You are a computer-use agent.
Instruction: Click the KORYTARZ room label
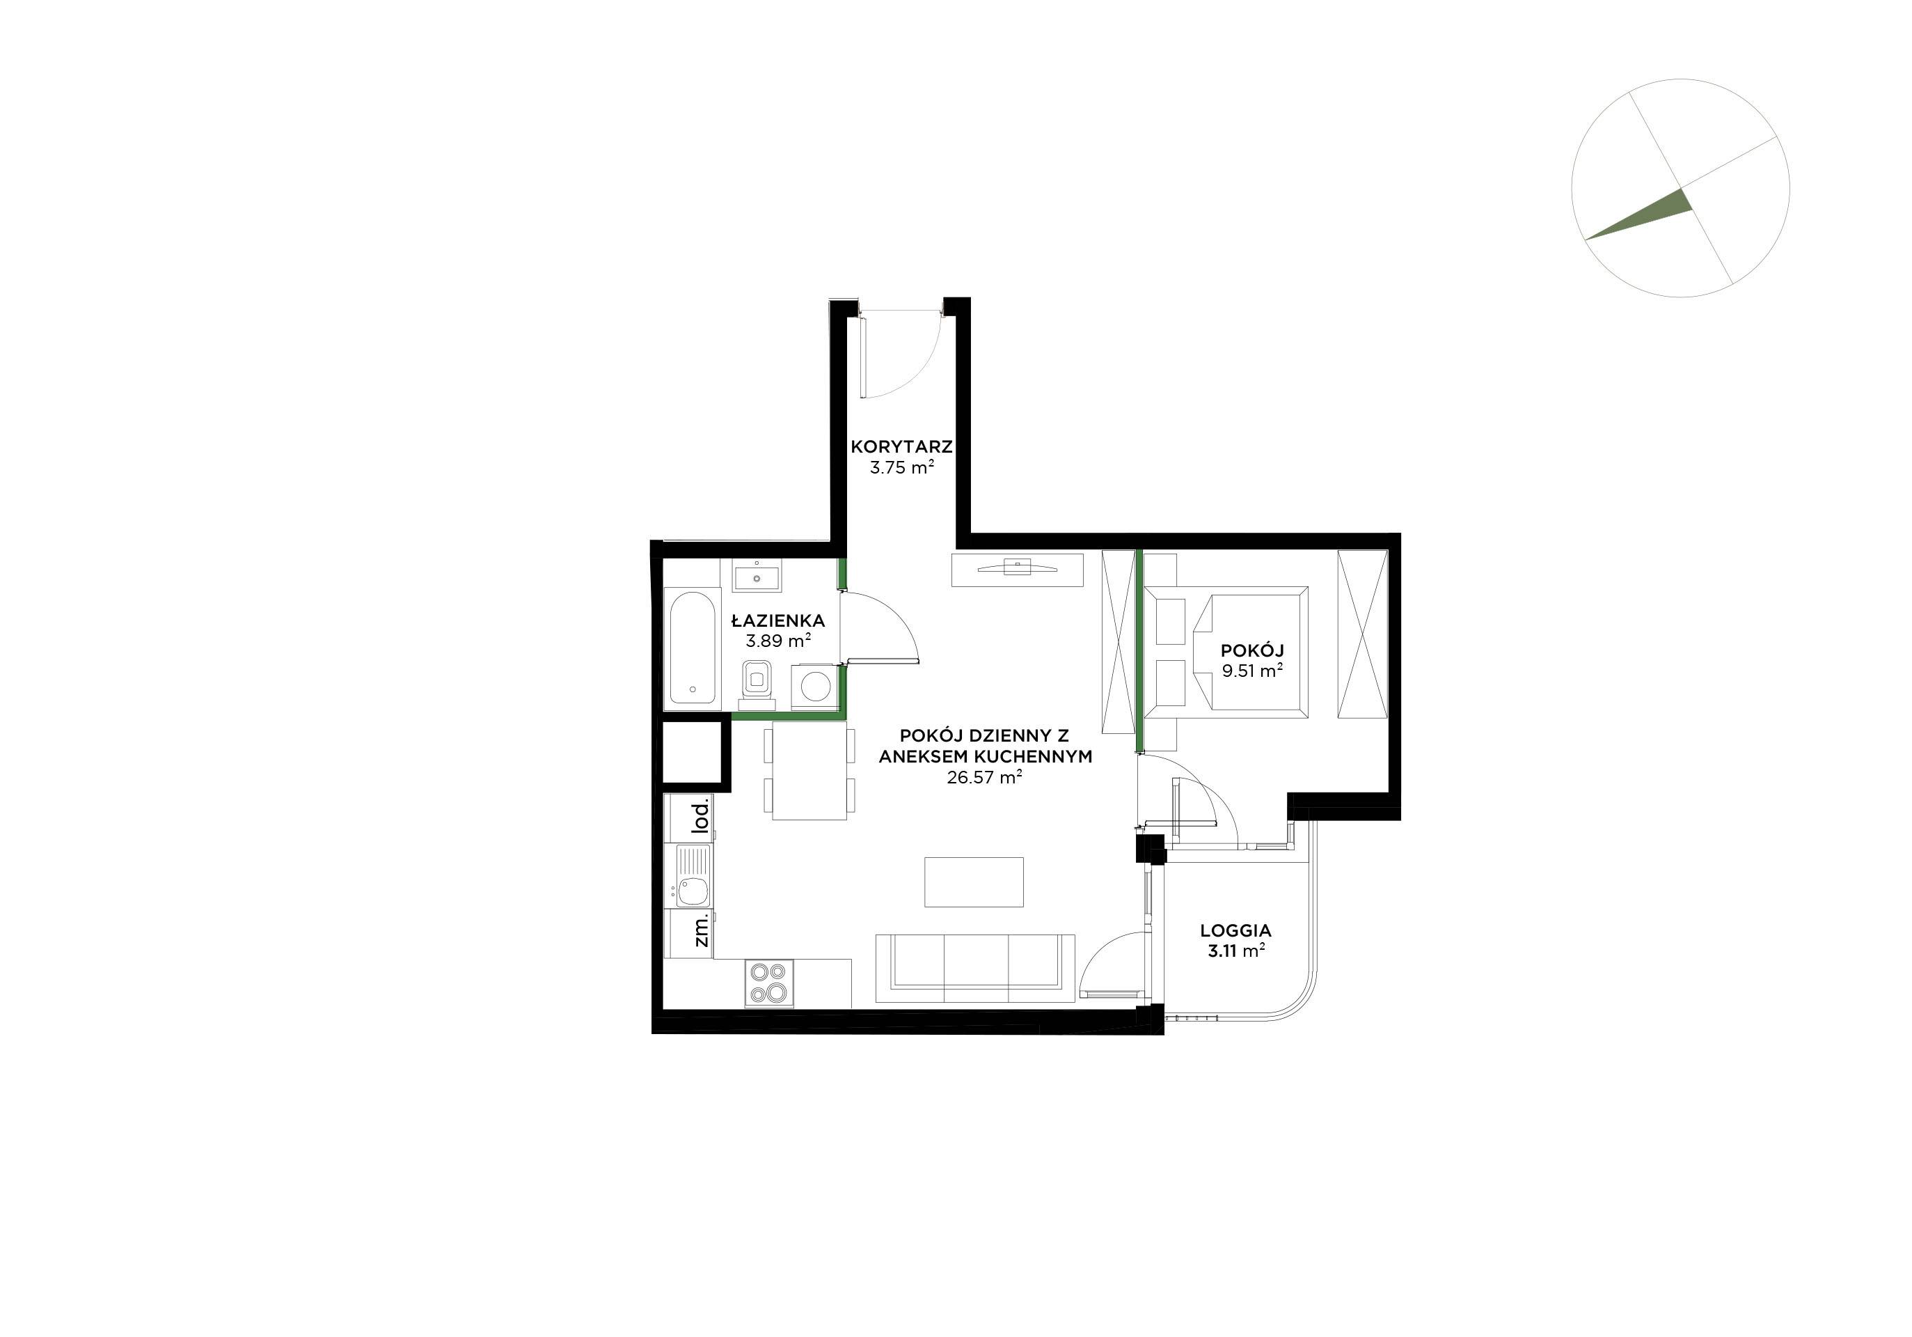tap(902, 446)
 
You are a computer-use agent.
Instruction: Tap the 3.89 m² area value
tap(777, 641)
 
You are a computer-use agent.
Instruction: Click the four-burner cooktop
tap(768, 983)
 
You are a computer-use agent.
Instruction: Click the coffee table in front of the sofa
tap(974, 882)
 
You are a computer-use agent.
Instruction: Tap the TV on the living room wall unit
tap(1018, 568)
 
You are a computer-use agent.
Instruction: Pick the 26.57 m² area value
tap(984, 777)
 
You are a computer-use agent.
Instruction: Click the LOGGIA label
tap(1236, 930)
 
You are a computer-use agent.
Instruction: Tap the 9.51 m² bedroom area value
tap(1251, 671)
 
